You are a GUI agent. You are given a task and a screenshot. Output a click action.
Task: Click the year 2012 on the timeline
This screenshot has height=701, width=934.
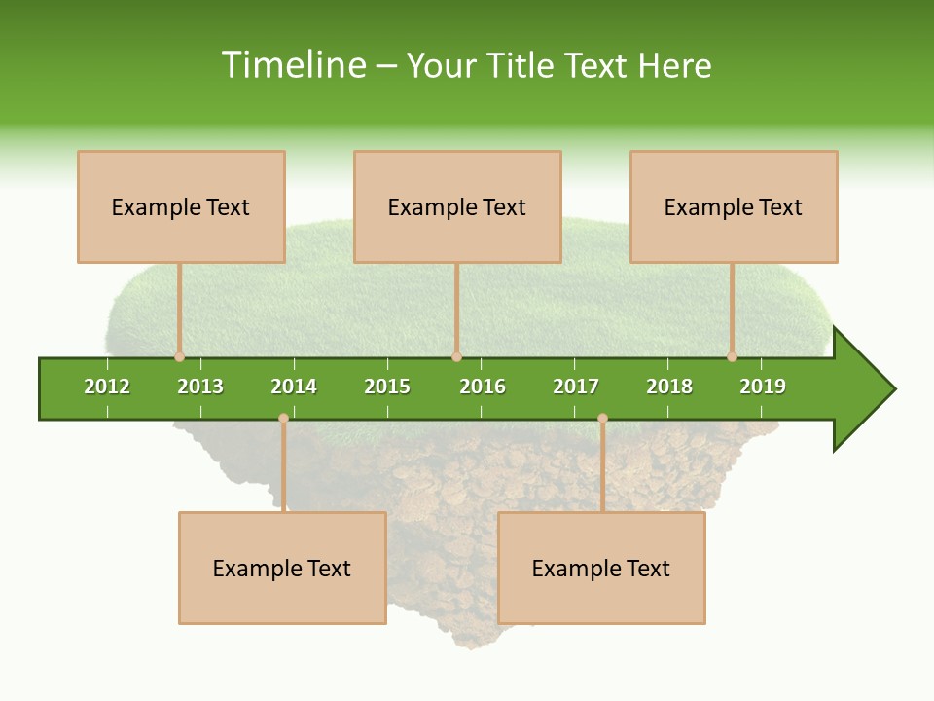point(107,387)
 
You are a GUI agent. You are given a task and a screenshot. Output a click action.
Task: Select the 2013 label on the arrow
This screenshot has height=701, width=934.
point(200,387)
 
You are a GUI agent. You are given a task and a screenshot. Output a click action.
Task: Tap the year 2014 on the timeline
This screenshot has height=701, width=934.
point(294,387)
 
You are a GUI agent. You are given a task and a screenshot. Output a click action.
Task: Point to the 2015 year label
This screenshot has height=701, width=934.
point(387,387)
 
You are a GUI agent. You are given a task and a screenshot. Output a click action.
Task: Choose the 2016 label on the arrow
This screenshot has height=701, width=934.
point(483,387)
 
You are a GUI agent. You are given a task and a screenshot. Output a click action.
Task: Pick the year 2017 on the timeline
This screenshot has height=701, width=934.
point(576,387)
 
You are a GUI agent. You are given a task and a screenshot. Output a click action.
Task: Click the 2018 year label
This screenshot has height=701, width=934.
point(669,387)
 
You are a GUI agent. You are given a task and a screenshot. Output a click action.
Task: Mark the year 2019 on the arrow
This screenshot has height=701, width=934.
point(763,387)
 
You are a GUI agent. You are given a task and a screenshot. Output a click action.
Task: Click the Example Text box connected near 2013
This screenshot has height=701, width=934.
point(181,206)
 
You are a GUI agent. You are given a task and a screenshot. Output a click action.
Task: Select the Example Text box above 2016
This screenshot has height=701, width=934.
point(457,206)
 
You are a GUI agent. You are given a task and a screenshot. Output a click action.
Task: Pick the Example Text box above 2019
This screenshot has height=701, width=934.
point(734,206)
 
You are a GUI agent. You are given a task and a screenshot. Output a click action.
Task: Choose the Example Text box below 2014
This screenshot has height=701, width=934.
point(282,568)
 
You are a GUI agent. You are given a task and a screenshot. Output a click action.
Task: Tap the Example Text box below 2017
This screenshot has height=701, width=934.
point(601,568)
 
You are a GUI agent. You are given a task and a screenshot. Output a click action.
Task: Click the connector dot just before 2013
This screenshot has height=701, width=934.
point(179,356)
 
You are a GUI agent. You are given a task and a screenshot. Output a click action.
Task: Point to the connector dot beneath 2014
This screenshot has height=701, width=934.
point(283,418)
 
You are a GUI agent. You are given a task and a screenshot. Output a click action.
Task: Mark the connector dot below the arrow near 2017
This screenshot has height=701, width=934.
point(602,418)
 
